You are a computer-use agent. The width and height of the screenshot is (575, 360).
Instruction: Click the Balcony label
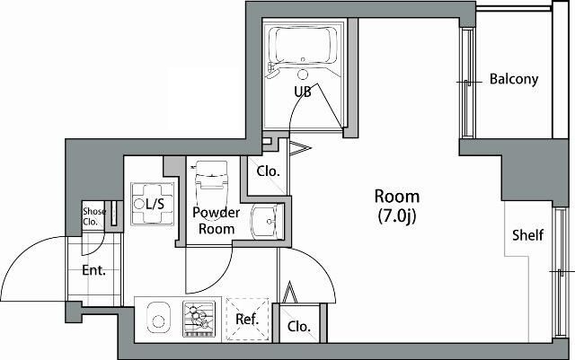tap(514, 79)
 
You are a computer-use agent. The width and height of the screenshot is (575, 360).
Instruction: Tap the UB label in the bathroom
tap(302, 92)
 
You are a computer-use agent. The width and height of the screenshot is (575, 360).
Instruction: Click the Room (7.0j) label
tap(396, 205)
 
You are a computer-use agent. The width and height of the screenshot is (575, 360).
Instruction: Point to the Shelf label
tap(527, 236)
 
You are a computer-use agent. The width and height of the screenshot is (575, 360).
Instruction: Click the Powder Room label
tap(217, 221)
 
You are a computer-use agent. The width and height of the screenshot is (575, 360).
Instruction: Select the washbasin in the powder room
tap(264, 221)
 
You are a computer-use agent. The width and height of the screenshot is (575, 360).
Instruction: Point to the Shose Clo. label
tap(94, 216)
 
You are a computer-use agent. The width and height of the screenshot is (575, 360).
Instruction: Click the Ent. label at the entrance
tap(93, 270)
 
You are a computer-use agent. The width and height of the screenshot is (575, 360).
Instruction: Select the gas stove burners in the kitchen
tap(200, 319)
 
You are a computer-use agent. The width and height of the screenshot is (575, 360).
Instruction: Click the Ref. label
tap(247, 319)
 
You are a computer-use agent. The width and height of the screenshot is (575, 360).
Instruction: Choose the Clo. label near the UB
tap(268, 171)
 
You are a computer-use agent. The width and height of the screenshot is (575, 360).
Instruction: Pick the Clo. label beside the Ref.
tap(299, 327)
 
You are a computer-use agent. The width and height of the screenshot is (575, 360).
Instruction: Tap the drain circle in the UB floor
tap(303, 75)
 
